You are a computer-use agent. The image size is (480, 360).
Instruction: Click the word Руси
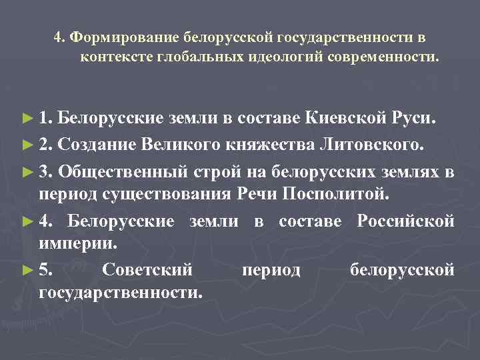click(414, 119)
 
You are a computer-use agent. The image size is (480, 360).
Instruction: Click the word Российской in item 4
click(406, 221)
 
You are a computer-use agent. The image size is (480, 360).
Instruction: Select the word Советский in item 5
click(147, 270)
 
